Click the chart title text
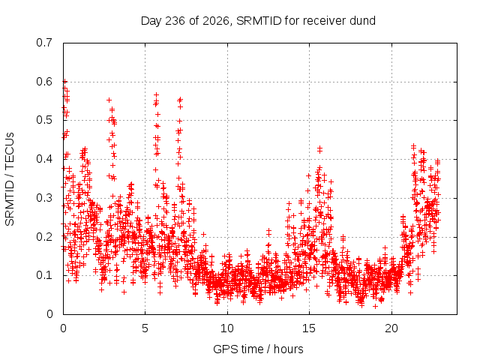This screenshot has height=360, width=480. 258,21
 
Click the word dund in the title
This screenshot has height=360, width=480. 363,21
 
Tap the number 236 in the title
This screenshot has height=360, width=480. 175,21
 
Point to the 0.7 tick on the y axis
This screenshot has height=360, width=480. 44,43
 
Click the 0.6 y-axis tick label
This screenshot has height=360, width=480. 44,82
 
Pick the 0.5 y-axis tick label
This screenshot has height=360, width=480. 44,120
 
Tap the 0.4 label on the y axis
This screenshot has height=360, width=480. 44,159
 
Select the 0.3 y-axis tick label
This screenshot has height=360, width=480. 44,198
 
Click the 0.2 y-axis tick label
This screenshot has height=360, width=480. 44,237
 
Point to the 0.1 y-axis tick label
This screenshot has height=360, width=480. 44,275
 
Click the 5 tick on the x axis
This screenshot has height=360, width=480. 145,328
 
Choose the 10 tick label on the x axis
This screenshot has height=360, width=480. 226,328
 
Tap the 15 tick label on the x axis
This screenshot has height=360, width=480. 309,328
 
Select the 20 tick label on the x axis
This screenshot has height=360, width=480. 391,328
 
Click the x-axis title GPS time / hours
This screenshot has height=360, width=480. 258,349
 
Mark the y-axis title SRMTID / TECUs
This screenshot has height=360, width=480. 10,179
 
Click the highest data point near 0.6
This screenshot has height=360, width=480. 64,81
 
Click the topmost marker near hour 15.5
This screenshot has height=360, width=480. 320,148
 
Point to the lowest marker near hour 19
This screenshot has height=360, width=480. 375,306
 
